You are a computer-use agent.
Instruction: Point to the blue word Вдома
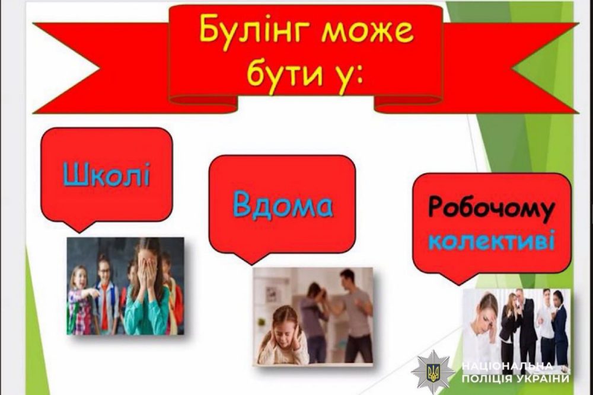(282, 205)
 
